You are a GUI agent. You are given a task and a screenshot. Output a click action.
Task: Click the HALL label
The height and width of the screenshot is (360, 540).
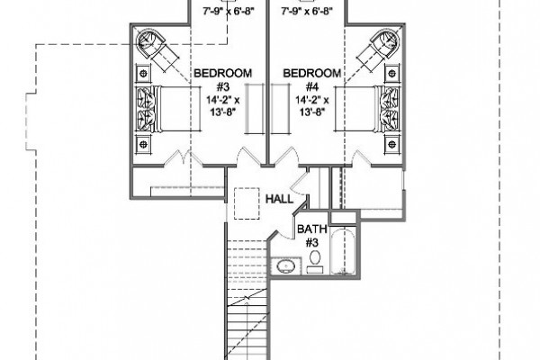point(279,199)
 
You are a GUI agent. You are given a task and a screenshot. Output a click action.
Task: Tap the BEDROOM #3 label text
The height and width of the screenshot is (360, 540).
point(223,79)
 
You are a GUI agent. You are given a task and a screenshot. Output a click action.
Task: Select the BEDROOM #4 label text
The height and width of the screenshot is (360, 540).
point(312,79)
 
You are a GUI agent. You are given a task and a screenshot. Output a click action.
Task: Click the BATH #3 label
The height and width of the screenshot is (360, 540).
point(311,236)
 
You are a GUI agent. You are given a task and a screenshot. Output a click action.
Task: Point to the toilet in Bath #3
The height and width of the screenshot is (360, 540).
point(315,262)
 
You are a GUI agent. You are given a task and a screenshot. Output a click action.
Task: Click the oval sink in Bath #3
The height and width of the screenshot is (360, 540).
point(285,266)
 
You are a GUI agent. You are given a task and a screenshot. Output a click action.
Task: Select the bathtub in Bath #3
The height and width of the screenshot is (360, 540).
point(343,252)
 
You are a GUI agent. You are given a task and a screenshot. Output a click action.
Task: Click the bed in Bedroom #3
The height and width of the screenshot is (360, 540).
point(169,109)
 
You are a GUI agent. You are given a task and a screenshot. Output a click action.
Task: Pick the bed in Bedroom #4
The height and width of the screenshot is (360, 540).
point(367,109)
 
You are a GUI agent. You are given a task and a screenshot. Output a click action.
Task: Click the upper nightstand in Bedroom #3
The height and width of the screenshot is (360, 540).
point(144,73)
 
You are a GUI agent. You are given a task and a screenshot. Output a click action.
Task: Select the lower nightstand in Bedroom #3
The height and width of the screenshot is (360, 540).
point(144,144)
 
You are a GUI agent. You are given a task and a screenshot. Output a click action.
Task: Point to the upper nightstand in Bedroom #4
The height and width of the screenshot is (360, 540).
point(391,73)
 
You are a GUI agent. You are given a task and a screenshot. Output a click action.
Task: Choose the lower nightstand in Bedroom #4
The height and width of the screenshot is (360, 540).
point(391,144)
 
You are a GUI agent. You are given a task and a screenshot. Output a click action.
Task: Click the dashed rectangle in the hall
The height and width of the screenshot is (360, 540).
point(247,203)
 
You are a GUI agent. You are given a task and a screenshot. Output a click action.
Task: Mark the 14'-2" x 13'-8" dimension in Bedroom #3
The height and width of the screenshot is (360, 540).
point(223,106)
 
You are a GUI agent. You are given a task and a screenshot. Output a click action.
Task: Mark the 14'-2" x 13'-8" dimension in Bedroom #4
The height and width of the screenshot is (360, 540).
point(312,106)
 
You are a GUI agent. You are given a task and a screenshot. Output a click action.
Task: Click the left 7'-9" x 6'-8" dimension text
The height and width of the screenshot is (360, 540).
point(228,12)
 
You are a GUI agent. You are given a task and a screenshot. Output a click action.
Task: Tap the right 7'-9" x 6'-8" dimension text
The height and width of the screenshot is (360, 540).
point(307,12)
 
